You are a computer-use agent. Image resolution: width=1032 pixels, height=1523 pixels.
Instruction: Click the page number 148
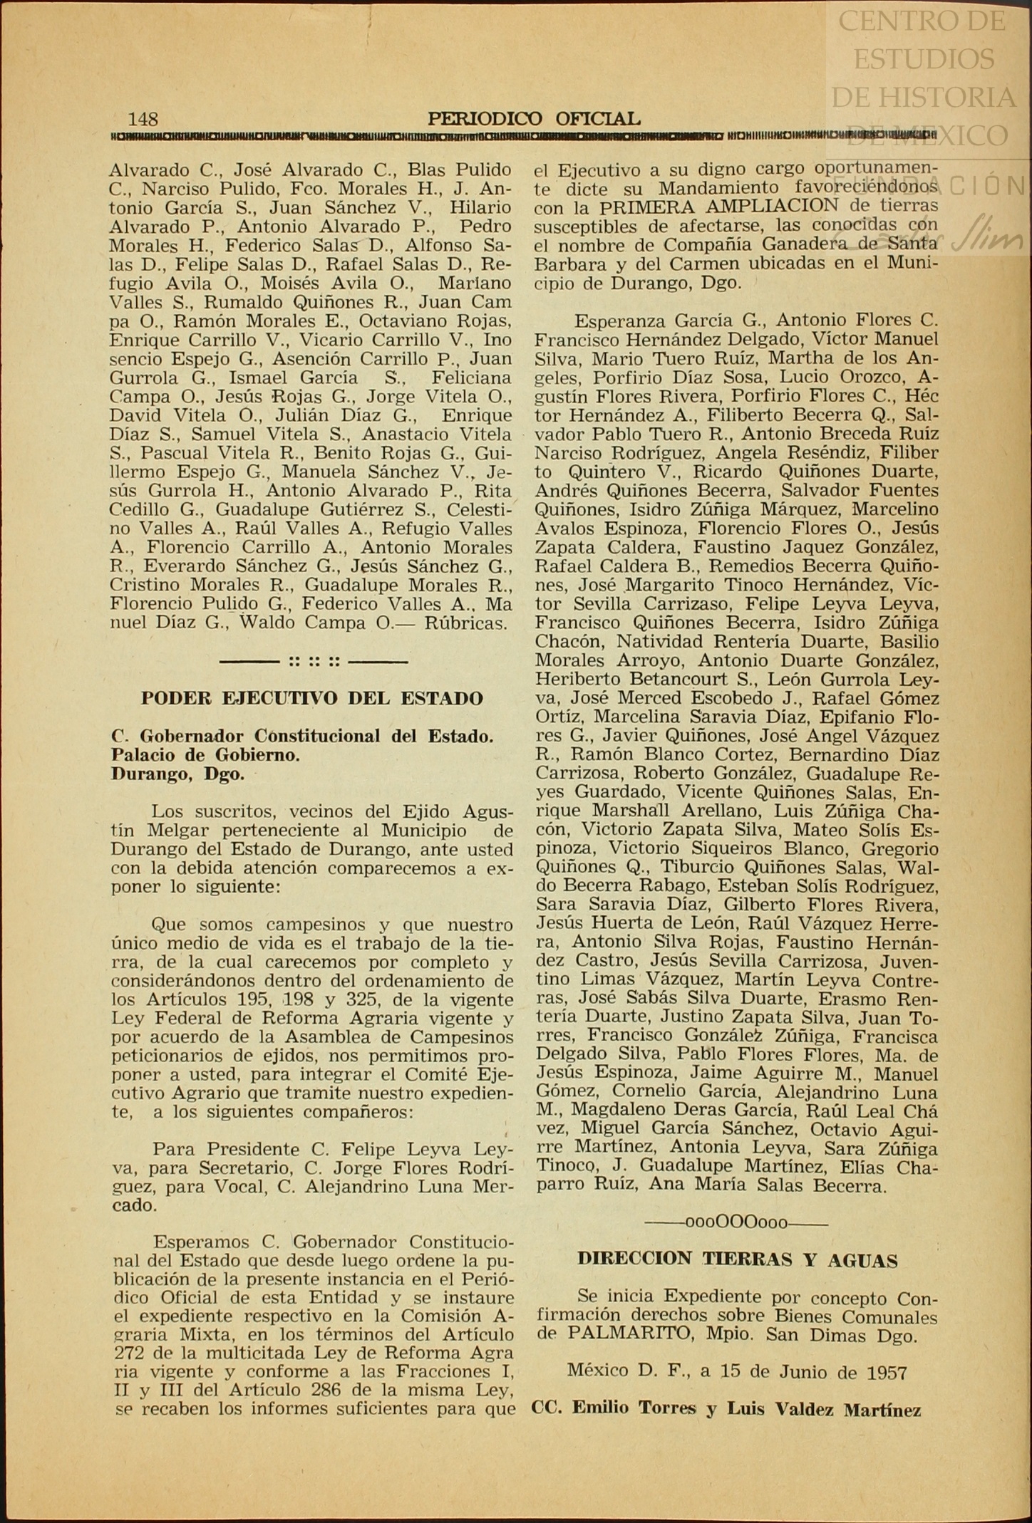(143, 118)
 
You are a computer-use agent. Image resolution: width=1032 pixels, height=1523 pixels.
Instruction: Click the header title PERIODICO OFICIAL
(534, 119)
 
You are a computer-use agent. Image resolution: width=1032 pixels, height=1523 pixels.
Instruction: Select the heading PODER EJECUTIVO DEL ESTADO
(311, 698)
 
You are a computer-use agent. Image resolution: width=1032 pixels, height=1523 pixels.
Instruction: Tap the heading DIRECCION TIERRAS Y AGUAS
(737, 1259)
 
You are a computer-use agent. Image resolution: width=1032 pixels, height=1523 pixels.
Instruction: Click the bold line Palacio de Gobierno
(205, 755)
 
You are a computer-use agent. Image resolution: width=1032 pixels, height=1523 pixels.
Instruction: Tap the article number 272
(128, 1353)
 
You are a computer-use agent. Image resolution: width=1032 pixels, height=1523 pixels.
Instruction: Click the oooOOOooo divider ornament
(736, 1222)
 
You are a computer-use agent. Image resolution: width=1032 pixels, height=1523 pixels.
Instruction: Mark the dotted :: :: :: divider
(314, 662)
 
